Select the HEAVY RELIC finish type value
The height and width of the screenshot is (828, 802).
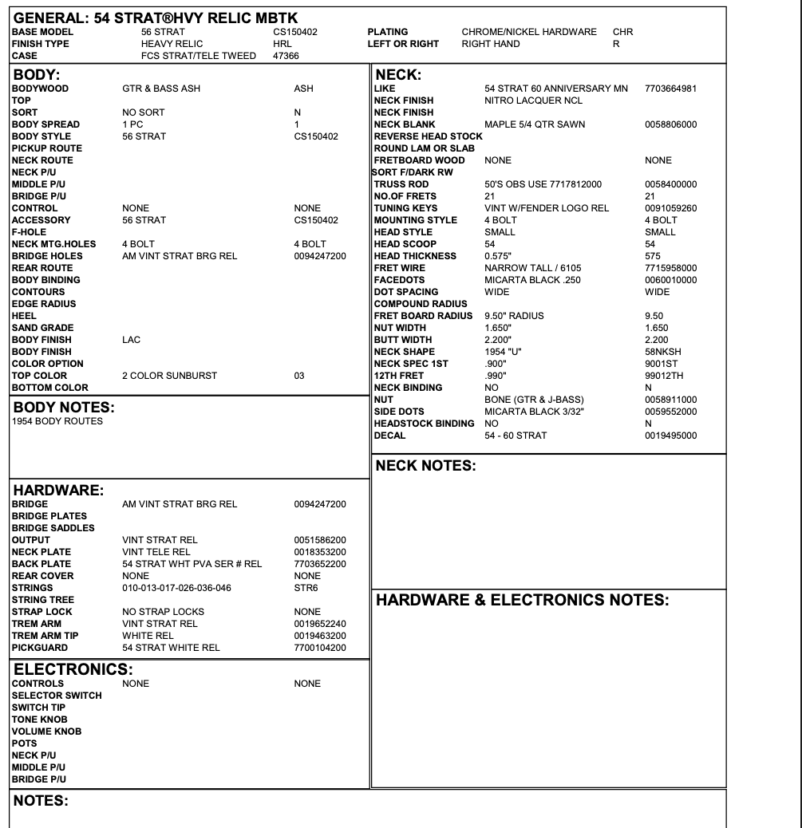pos(172,44)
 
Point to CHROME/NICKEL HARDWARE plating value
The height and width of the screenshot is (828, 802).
pos(529,32)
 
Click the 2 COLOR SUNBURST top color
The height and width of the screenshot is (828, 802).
pos(169,376)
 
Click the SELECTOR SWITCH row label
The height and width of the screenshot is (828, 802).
pos(57,696)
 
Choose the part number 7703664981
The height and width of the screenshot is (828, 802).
pos(670,89)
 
